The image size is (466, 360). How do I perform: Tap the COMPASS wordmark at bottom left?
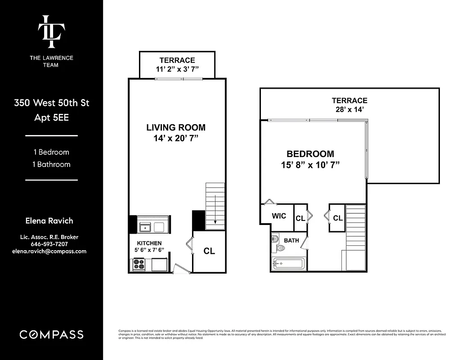[51, 334]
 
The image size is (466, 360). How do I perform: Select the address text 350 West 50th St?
[51, 103]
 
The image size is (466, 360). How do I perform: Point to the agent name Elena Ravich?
[49, 221]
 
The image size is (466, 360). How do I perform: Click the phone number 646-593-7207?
[49, 244]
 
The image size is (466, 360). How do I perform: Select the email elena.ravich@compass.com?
[49, 252]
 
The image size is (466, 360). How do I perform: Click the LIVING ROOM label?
[176, 128]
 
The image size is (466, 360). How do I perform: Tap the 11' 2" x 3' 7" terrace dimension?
[177, 69]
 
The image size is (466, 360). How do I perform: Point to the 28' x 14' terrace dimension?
[349, 109]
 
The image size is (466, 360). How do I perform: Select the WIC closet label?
[279, 216]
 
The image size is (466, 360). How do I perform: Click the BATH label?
[291, 241]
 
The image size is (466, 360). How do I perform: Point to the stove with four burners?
[139, 265]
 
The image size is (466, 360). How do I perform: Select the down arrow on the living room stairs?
[215, 209]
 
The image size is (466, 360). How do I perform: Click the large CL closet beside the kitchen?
[209, 251]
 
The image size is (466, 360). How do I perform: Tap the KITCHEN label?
[146, 243]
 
